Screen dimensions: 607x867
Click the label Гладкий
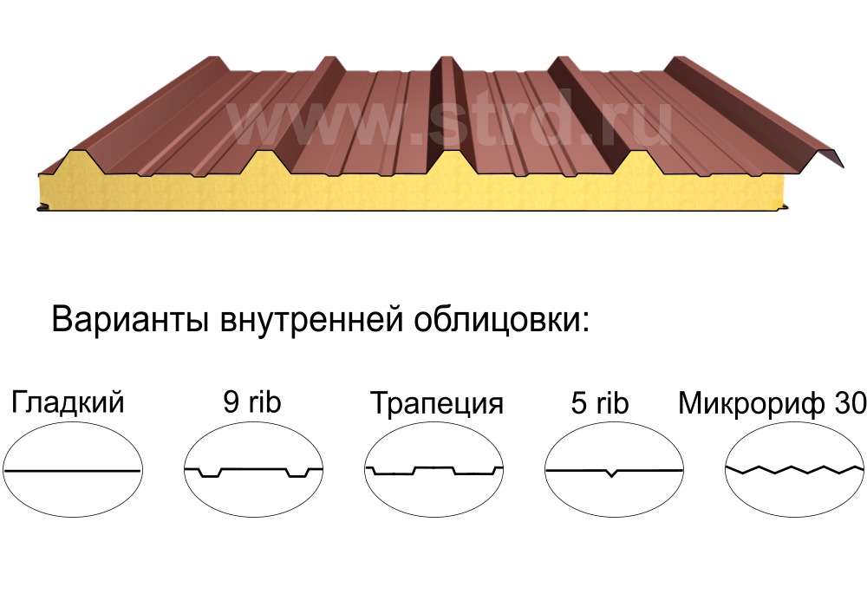68,403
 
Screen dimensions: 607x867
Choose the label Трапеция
436,404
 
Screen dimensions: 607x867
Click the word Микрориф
750,403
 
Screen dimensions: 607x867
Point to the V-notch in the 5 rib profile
614,474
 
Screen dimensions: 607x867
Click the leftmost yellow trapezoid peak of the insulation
72,160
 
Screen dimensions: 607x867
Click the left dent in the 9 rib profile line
208,473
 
